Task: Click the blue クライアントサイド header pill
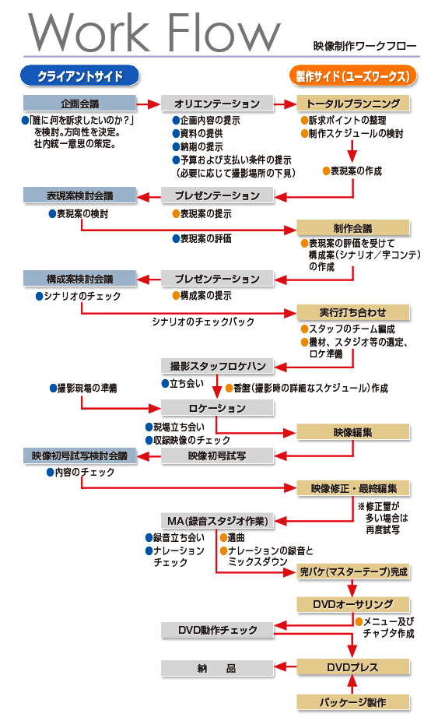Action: coord(79,76)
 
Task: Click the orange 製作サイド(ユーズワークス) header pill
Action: coord(352,76)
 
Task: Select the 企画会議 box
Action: coord(79,104)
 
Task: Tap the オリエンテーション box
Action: coord(217,104)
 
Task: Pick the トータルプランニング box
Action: coord(353,104)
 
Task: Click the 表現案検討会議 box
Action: coord(79,195)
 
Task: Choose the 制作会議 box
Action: coord(353,228)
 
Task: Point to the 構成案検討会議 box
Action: coord(79,279)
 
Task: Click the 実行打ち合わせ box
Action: coord(353,312)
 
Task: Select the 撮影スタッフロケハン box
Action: coord(217,366)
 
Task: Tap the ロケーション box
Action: coord(217,408)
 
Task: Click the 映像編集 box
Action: coord(353,431)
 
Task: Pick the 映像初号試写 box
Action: coord(217,455)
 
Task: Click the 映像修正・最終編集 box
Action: coord(353,488)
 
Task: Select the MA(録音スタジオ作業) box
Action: coord(217,520)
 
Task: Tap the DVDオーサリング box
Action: coord(353,604)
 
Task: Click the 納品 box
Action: coord(217,668)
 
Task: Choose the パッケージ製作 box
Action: coord(353,702)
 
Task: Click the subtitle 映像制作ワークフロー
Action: coord(365,47)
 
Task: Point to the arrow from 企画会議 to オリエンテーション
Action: coord(148,104)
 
